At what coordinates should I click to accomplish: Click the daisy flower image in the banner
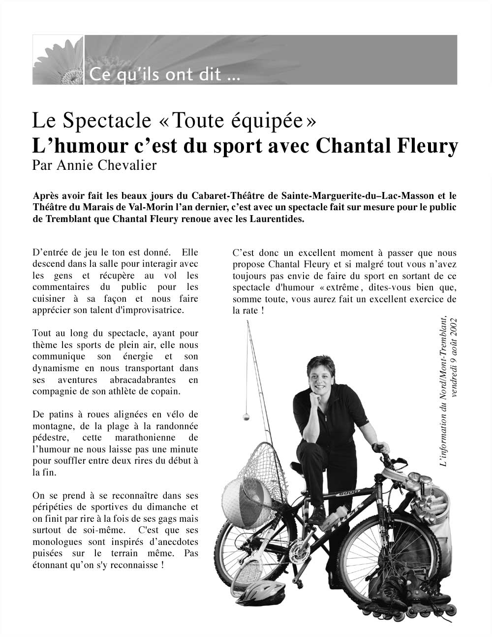59,60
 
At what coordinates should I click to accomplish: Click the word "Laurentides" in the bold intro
279,219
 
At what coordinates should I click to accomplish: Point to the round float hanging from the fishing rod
245,416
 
